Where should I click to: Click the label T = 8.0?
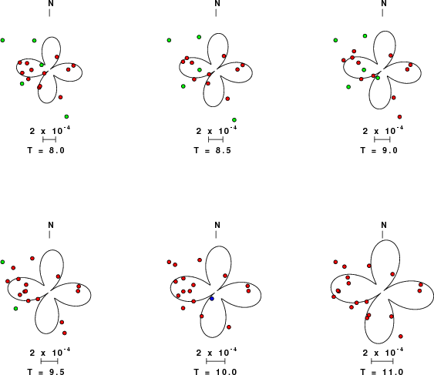pos(46,150)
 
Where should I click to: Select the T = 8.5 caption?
pos(212,150)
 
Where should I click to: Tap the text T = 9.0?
pos(379,150)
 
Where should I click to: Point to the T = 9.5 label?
pos(46,372)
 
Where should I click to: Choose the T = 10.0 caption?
pos(215,372)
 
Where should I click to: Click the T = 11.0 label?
pos(382,372)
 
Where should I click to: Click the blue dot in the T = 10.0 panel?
pos(212,299)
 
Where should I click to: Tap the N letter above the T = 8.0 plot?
pos(51,3)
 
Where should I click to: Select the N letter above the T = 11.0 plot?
pos(384,225)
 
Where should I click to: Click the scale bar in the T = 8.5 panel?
pos(216,139)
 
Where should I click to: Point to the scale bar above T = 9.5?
pos(49,361)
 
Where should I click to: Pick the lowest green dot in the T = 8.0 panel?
pos(66,117)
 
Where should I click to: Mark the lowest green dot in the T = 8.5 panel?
pos(234,120)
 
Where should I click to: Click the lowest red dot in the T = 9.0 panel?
pos(399,117)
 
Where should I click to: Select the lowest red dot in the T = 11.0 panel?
pos(401,336)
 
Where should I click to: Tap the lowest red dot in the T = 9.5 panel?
pos(65,333)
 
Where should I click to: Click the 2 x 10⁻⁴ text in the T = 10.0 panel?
pos(217,353)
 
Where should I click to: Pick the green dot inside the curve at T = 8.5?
pos(200,70)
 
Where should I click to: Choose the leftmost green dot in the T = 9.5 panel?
pos(2,262)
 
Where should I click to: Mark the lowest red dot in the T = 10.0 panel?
pos(229,327)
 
